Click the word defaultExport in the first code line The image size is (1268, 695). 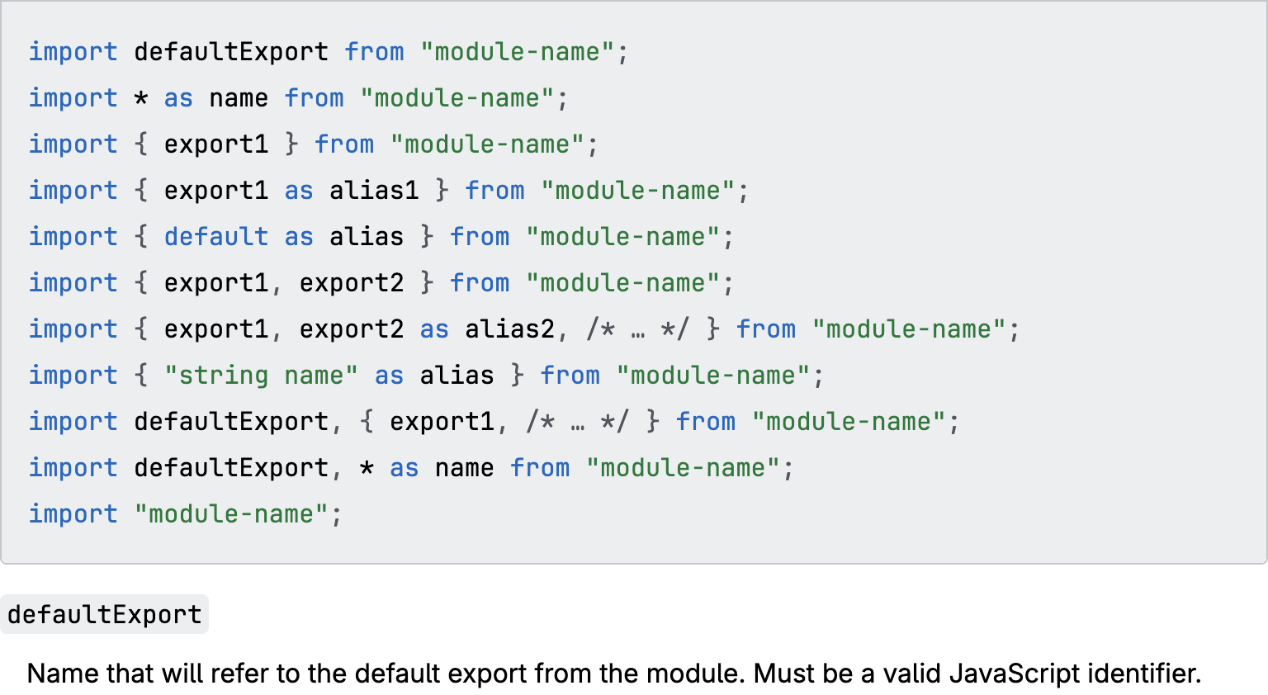(x=230, y=52)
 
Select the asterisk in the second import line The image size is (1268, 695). (x=141, y=99)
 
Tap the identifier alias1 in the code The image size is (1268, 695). (x=374, y=191)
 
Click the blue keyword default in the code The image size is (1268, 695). (x=215, y=237)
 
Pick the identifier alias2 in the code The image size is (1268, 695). (x=509, y=329)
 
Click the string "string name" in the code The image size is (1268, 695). (x=261, y=376)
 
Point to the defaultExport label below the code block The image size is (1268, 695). (x=104, y=615)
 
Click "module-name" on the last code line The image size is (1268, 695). (x=231, y=514)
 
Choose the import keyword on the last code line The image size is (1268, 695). (x=73, y=514)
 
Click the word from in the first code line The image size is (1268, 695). (x=374, y=52)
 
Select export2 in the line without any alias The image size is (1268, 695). (x=351, y=283)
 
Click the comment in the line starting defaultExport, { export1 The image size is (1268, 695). (x=577, y=422)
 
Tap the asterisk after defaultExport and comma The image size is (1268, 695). (x=367, y=468)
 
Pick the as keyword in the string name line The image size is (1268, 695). (x=389, y=376)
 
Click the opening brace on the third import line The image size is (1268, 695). (x=141, y=144)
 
